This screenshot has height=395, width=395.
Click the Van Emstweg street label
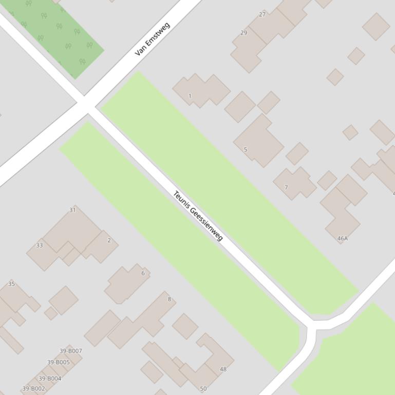pos(152,39)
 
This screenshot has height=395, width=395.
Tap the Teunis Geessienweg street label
pos(198,215)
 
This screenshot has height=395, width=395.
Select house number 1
pos(190,96)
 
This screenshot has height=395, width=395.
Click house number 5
pos(246,150)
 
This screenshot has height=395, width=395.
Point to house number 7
pos(286,187)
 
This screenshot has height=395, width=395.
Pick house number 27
pos(262,14)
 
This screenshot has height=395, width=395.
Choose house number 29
pos(243,33)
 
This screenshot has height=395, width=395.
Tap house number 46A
pos(343,239)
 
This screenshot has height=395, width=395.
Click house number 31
pos(72,210)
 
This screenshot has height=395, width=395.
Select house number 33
pos(40,245)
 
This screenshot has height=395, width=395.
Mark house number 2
pos(109,240)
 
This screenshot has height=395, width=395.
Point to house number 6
pos(143,273)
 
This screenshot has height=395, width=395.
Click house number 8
pos(170,299)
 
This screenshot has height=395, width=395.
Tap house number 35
pos(11,284)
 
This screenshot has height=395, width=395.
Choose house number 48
pos(223,369)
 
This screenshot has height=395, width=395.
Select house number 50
pos(203,388)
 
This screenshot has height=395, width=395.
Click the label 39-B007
pos(71,351)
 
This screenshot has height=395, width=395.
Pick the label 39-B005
pos(58,362)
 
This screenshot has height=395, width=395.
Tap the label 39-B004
pos(50,379)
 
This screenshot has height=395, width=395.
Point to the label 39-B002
pos(33,389)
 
